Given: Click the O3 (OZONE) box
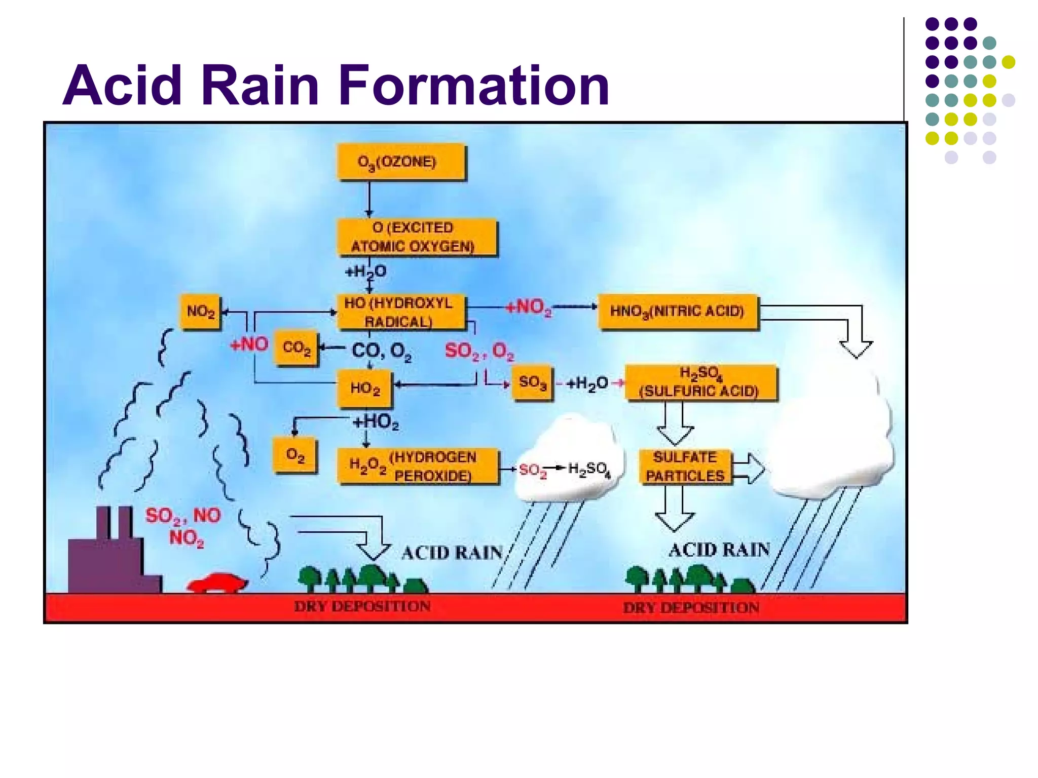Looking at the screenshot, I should (400, 162).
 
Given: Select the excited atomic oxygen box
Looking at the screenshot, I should (417, 237).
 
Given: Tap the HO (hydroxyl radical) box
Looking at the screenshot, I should (400, 312).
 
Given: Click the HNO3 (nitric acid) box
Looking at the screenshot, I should (678, 311).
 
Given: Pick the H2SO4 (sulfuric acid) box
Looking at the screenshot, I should (700, 382).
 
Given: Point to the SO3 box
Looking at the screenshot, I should (532, 382).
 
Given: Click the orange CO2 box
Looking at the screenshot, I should (296, 348).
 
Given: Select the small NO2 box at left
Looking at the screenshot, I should (201, 312).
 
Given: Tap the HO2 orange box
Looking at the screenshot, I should (365, 388).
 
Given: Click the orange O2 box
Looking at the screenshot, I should (295, 455).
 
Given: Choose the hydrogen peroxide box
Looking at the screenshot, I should (418, 466).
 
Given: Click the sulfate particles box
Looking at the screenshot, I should (685, 466).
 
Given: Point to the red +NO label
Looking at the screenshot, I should (249, 344).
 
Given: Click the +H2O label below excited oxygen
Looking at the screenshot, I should (365, 272).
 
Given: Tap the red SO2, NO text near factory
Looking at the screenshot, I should (183, 516).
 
